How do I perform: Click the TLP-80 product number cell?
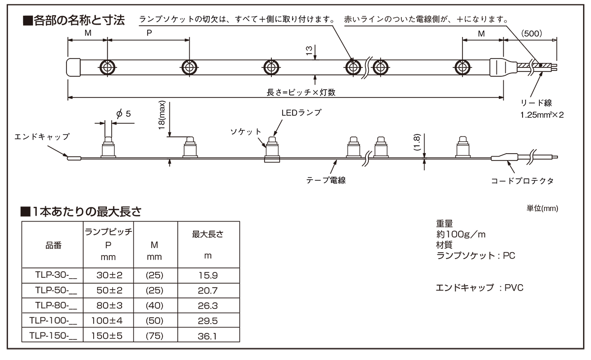click(x=53, y=305)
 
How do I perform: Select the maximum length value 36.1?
click(x=208, y=336)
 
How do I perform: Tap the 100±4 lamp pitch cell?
click(x=107, y=321)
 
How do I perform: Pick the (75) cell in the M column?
click(x=155, y=336)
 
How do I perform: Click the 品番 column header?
click(x=53, y=245)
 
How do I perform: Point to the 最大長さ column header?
click(x=208, y=234)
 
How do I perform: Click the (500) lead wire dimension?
click(x=531, y=33)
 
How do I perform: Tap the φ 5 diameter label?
click(x=124, y=114)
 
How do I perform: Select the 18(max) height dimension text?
click(x=162, y=115)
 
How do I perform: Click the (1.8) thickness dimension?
click(x=417, y=142)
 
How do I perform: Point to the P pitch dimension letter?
click(x=149, y=33)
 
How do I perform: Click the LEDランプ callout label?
click(x=301, y=113)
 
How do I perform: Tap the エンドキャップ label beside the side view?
click(x=42, y=136)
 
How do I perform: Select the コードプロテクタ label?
click(x=522, y=181)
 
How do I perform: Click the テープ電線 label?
click(x=326, y=180)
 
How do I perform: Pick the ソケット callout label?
click(x=246, y=131)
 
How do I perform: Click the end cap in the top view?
click(x=73, y=67)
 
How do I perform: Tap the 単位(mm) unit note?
click(x=542, y=208)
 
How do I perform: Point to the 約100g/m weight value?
click(x=460, y=234)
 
